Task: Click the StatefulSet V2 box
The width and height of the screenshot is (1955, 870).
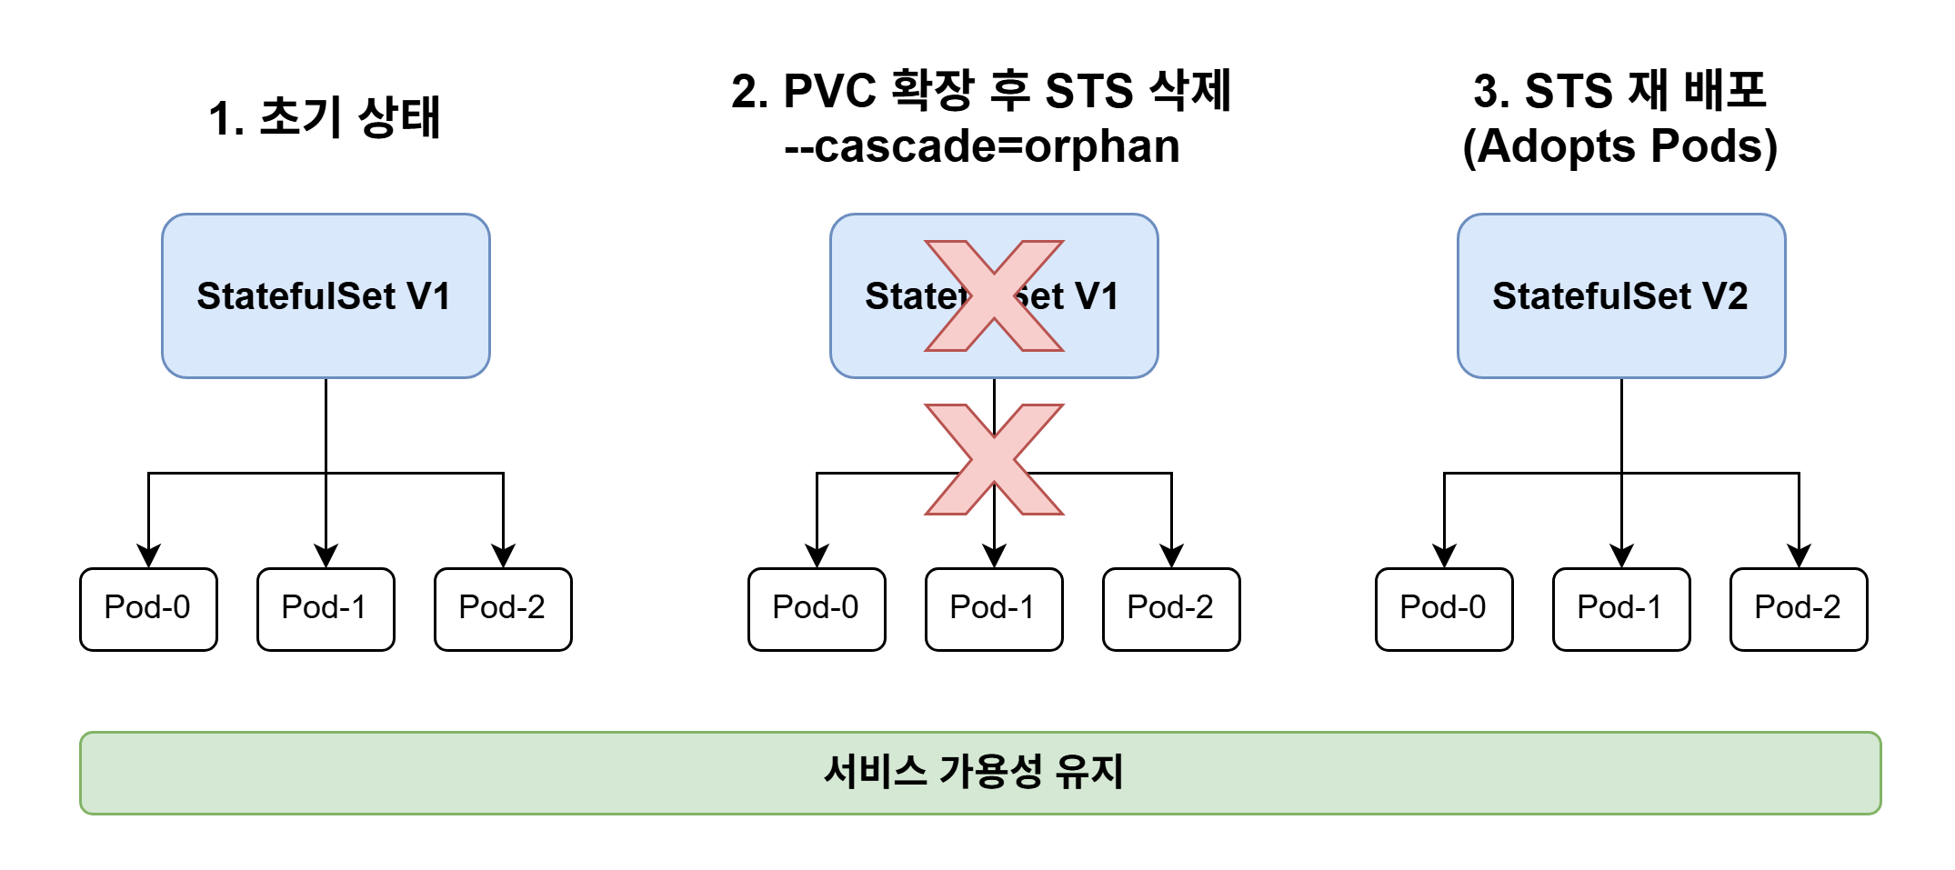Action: (x=1620, y=295)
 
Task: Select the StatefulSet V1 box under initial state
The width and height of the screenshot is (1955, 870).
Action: (x=326, y=295)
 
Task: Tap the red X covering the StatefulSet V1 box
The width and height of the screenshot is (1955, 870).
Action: (x=994, y=295)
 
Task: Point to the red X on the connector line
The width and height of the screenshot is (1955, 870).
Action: (x=994, y=459)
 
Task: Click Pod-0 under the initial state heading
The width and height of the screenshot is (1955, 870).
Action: (x=148, y=608)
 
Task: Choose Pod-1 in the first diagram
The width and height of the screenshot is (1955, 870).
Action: (x=326, y=608)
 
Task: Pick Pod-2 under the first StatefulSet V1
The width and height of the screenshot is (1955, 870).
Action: (x=503, y=608)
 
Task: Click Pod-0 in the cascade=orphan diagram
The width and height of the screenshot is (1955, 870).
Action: (x=817, y=608)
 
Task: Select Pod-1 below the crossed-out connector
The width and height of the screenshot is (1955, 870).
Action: (x=994, y=608)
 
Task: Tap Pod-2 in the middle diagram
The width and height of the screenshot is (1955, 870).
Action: (x=1171, y=608)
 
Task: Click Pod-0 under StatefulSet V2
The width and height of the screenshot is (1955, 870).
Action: (x=1444, y=608)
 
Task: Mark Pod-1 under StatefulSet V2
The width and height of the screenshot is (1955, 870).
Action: (x=1621, y=608)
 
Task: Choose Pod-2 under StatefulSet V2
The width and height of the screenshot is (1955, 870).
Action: (x=1799, y=608)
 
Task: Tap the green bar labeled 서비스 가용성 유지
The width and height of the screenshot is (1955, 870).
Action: (x=980, y=773)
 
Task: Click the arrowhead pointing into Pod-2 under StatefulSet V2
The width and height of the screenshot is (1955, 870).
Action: (x=1799, y=555)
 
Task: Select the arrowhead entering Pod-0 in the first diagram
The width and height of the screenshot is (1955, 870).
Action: (x=148, y=555)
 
